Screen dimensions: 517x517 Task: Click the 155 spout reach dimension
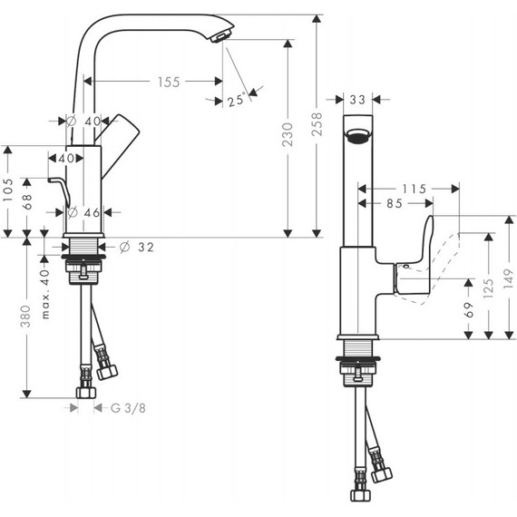coord(168,82)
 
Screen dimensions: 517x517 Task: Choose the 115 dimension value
coord(414,189)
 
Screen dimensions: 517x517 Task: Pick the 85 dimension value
coord(393,204)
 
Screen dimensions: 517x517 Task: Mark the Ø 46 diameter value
coord(83,212)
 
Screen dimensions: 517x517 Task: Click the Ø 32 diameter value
coord(134,247)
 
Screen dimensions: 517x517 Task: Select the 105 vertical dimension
coord(9,191)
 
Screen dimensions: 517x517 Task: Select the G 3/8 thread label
coord(128,408)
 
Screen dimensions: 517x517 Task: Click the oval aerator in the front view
coord(358,138)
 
